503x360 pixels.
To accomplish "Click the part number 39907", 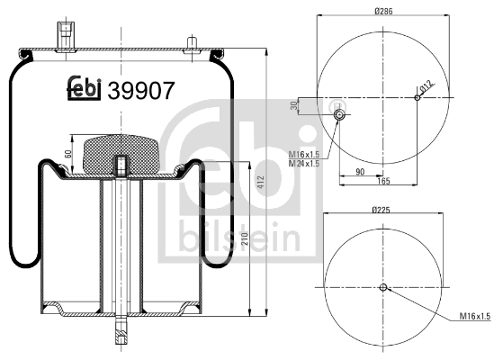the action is (141, 91).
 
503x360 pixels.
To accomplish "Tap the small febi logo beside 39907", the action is (84, 88).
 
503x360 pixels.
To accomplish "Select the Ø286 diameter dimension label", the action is (383, 11).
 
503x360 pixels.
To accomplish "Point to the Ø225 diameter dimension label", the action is (382, 210).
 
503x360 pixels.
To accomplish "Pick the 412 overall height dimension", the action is (261, 182).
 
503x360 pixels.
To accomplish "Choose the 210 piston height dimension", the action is (245, 238).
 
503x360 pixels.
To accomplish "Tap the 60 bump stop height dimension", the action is (67, 154).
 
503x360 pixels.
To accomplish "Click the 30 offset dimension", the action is (294, 105).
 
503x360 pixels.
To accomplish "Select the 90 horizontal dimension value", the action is (360, 172).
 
